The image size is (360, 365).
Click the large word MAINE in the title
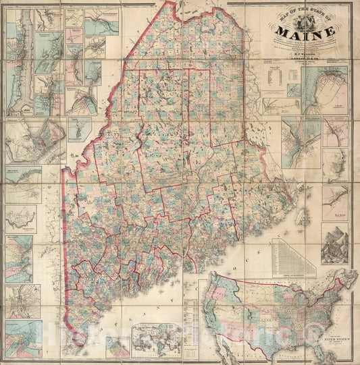[303, 31]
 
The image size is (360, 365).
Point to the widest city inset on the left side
[34, 142]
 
